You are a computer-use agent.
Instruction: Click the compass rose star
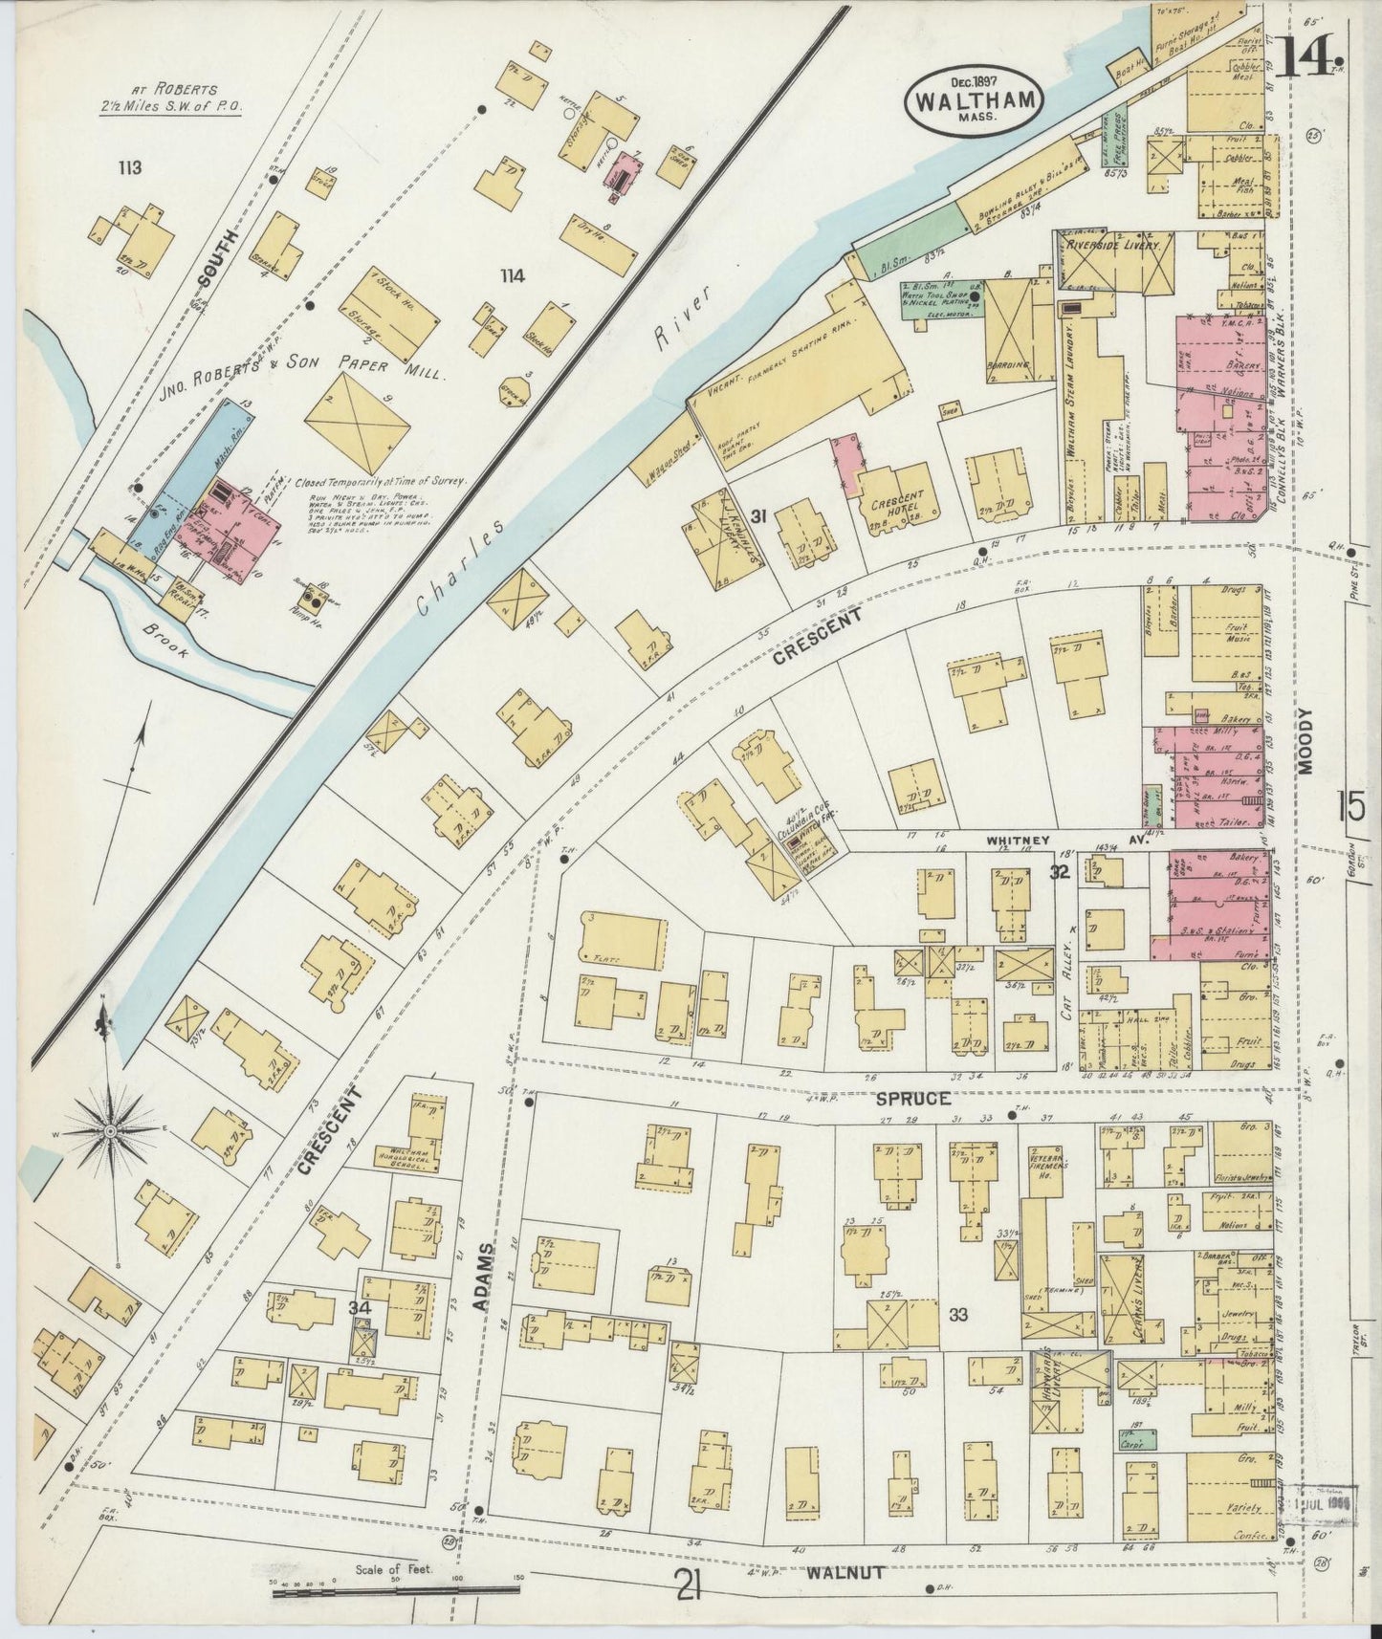click(110, 1130)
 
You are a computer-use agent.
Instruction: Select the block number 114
click(513, 276)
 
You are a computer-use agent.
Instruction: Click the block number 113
click(130, 168)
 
